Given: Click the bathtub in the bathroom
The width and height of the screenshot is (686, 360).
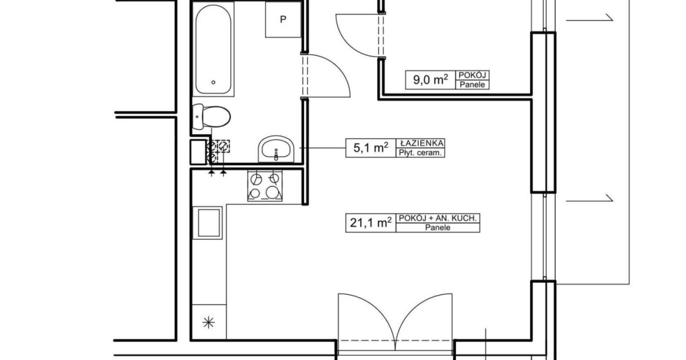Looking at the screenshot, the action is (x=213, y=49).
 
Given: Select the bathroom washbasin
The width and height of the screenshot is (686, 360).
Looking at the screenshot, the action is (x=276, y=149).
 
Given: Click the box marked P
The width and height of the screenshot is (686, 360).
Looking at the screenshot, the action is (x=283, y=19).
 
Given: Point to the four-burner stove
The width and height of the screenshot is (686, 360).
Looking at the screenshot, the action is (x=265, y=186).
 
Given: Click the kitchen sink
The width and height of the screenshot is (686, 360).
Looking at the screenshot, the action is (x=208, y=223).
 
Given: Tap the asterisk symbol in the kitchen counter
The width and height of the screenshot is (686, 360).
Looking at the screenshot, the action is (x=209, y=322).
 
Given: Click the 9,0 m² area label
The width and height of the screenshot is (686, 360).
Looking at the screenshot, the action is (x=430, y=79).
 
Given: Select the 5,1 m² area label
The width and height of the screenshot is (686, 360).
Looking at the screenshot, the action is (x=371, y=147).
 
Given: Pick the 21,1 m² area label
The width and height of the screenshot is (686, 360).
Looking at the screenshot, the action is (x=371, y=222).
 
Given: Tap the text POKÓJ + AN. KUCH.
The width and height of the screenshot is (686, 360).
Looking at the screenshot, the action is (x=438, y=218).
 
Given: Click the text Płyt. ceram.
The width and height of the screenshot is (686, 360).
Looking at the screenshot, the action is (x=420, y=153).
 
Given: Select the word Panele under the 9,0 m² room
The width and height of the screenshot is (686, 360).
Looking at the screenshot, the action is (x=472, y=85).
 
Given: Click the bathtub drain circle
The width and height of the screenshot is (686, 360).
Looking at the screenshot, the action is (x=213, y=82).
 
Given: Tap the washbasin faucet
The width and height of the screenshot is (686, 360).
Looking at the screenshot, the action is (x=276, y=155).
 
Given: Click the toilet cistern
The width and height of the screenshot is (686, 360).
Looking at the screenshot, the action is (x=198, y=117).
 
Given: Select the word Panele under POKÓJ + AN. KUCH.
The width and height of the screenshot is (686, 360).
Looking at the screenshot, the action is (x=438, y=227).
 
